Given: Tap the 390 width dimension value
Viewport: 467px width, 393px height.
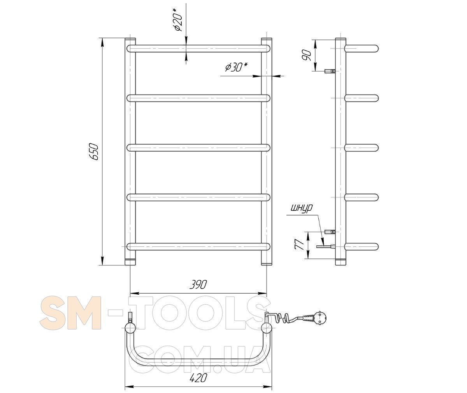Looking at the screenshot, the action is coord(198,285).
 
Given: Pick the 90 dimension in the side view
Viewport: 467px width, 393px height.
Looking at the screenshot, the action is coord(306,56).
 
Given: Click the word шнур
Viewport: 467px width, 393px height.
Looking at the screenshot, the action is coord(302,208).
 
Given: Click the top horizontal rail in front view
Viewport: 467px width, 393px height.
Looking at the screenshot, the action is coord(198,49).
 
